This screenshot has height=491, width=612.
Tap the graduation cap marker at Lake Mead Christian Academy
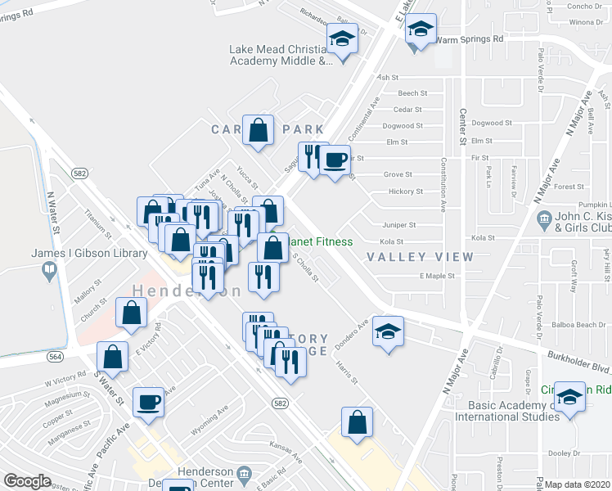[342, 38]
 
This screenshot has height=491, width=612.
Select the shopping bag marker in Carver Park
[259, 130]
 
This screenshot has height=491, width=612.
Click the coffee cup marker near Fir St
[334, 160]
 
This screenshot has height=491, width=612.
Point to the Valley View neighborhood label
[420, 257]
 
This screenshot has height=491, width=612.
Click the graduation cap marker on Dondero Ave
[388, 331]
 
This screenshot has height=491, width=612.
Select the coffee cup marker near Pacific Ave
[148, 402]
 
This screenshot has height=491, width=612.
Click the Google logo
[27, 481]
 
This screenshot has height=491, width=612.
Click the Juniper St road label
[399, 224]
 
